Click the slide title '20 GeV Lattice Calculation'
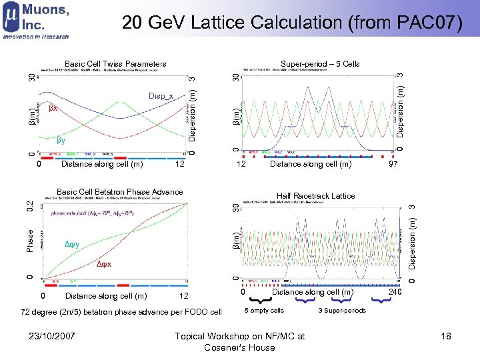(292, 23)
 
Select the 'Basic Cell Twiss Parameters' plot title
(112, 64)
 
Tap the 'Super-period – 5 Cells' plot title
(320, 64)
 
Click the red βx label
(53, 107)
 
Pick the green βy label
(61, 141)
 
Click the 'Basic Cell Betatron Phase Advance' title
(119, 192)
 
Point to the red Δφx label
(104, 265)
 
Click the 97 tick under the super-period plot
(394, 164)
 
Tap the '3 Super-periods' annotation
(342, 311)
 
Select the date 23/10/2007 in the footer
(57, 337)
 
